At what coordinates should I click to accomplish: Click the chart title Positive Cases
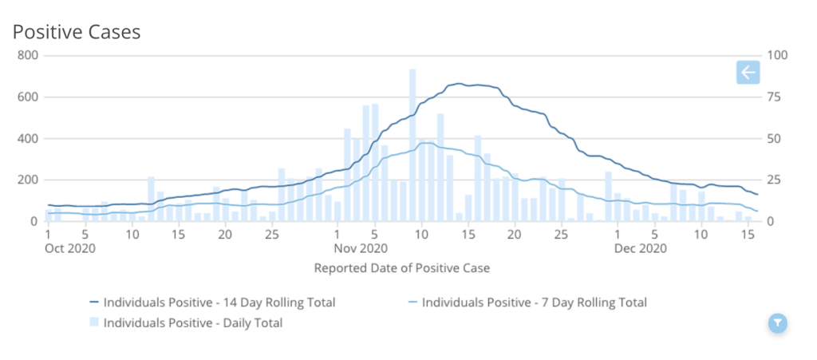pos(77,32)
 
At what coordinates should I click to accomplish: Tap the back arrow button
pos(748,73)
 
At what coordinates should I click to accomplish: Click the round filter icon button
pos(778,322)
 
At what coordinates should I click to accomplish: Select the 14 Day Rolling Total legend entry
pos(212,303)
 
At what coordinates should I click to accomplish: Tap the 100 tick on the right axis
pos(777,56)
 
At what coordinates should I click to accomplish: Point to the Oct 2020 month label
pos(70,248)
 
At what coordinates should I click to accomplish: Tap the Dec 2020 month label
pos(641,248)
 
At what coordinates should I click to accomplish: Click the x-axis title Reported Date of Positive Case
pos(402,268)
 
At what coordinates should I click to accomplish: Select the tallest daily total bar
pos(412,144)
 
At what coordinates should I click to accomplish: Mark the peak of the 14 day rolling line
pos(459,84)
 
